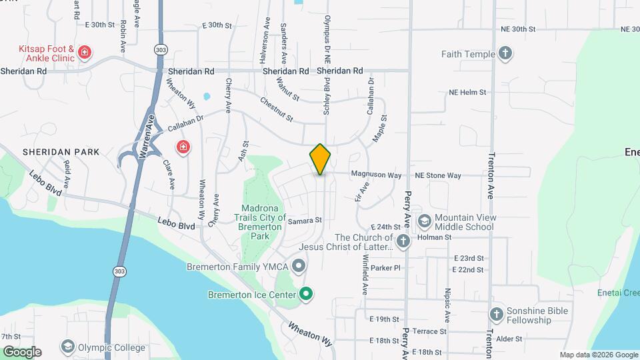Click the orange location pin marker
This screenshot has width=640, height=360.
[321, 159]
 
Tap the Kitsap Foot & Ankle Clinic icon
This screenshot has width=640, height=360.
[84, 52]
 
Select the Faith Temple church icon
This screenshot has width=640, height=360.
[505, 54]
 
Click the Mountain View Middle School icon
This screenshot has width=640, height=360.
[424, 221]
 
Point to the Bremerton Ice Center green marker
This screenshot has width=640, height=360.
[306, 293]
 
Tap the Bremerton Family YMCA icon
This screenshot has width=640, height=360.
[299, 267]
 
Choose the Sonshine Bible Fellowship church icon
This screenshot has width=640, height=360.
[496, 314]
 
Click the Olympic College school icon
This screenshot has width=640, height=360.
[67, 347]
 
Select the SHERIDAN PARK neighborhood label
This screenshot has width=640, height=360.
[61, 152]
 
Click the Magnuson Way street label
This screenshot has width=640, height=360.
[376, 175]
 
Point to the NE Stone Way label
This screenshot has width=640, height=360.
[438, 175]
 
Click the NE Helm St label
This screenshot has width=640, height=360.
[467, 93]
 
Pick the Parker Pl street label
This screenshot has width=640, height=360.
[386, 268]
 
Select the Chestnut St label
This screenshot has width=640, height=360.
[277, 110]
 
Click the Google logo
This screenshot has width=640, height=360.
[22, 351]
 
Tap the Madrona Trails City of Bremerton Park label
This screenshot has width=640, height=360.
[260, 223]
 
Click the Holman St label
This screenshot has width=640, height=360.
[434, 237]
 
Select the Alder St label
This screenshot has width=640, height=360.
[509, 339]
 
